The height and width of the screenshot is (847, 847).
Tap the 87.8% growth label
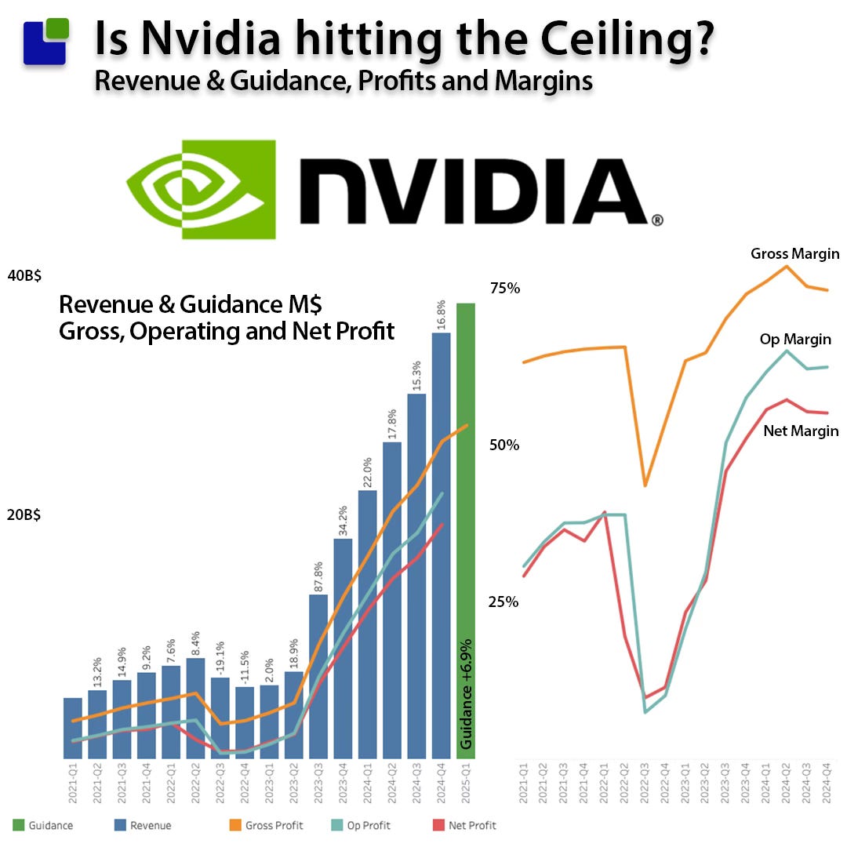318,569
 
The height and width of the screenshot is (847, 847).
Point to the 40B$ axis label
24,276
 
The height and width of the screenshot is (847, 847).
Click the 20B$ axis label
24,515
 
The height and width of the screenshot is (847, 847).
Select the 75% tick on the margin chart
505,288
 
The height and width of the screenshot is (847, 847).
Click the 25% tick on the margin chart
505,602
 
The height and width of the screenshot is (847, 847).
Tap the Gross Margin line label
794,253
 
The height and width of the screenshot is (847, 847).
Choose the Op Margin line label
795,340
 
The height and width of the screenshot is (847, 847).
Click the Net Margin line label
800,431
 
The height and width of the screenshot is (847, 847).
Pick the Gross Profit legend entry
266,825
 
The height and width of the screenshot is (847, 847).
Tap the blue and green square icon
45,41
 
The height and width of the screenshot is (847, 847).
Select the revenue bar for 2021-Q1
73,728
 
